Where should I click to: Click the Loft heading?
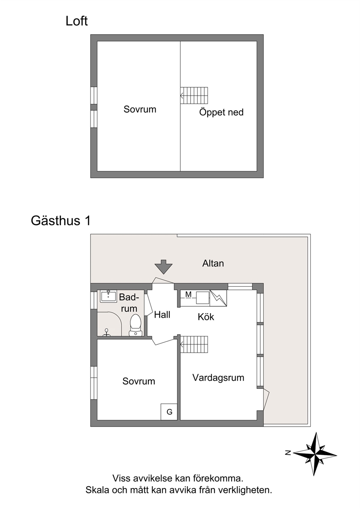pyautogui.click(x=77, y=21)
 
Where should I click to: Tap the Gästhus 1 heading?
pyautogui.click(x=61, y=221)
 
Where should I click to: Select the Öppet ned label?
pyautogui.click(x=221, y=112)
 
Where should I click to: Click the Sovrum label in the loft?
pyautogui.click(x=140, y=109)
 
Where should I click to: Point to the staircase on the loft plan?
pyautogui.click(x=194, y=95)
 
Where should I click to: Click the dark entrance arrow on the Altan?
pyautogui.click(x=163, y=267)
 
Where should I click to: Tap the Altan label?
pyautogui.click(x=213, y=263)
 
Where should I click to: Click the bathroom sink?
pyautogui.click(x=109, y=296)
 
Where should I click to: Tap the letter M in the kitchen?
pyautogui.click(x=188, y=294)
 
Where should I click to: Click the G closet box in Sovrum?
pyautogui.click(x=169, y=411)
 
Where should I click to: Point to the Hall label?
pyautogui.click(x=162, y=315)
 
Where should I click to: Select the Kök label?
pyautogui.click(x=206, y=317)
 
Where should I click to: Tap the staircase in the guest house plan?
pyautogui.click(x=194, y=344)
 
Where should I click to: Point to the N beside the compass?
pyautogui.click(x=288, y=453)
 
